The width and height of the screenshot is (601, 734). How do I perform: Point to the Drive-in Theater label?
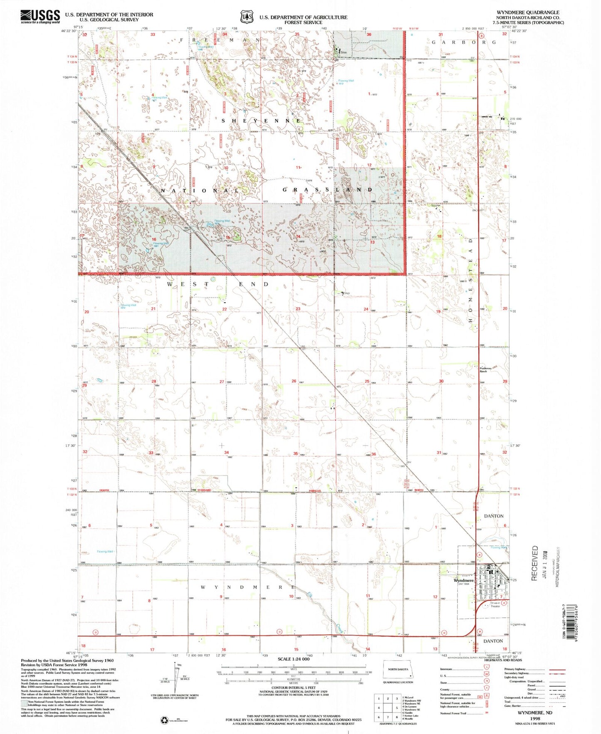[495, 604]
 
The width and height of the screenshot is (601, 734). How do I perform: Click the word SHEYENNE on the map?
[261, 121]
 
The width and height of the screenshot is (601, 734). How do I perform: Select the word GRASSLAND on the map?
[327, 190]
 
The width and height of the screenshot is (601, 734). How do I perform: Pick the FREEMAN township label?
[220, 40]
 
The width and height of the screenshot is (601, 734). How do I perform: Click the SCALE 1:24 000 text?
[293, 671]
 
